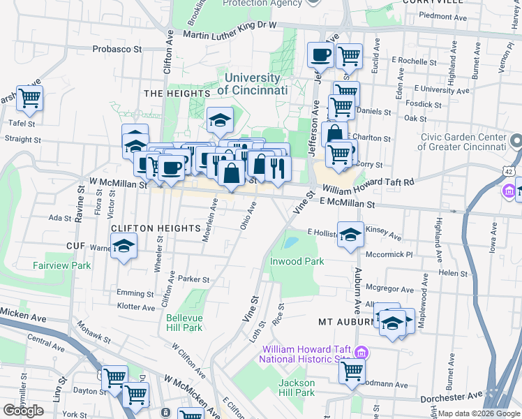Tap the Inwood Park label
coord(297,261)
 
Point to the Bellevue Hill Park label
coord(184,322)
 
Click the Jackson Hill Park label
coord(297,388)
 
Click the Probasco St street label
coord(117,50)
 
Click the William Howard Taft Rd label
coord(368,185)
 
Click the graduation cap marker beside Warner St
coord(124,247)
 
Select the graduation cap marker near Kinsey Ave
coord(351,234)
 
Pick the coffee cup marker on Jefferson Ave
coord(320,54)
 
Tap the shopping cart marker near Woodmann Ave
coord(352,370)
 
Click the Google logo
coord(23,410)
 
